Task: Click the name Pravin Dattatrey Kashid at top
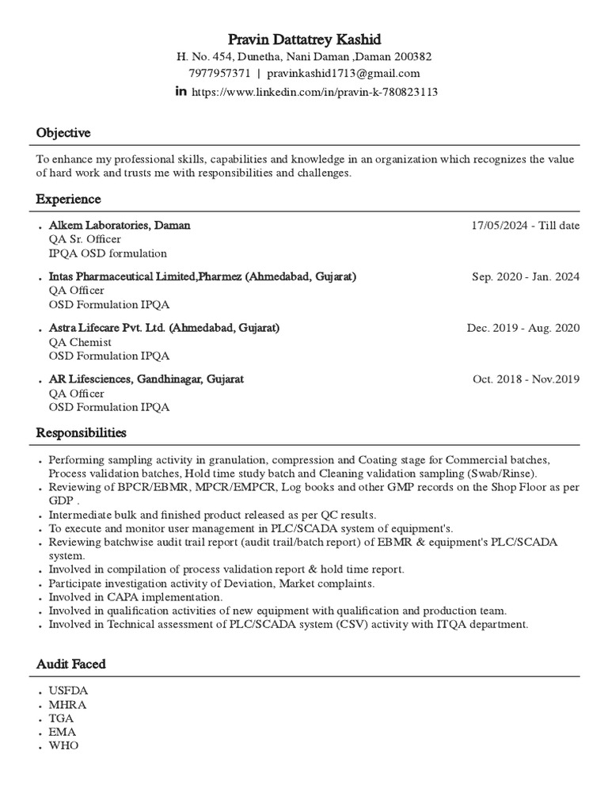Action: [x=303, y=39]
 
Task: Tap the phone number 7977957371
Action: [x=219, y=74]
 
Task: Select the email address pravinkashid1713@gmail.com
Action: [x=343, y=74]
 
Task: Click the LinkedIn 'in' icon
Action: [x=180, y=92]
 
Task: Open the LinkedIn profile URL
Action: [x=314, y=92]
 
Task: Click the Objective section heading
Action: [x=63, y=132]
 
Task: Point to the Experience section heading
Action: [x=68, y=199]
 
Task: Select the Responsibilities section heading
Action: [x=81, y=433]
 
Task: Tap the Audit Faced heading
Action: [x=70, y=664]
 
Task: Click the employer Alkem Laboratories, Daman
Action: [x=120, y=225]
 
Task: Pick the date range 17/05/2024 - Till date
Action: [x=525, y=226]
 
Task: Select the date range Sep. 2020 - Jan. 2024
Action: [x=525, y=276]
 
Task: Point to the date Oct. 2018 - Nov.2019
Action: [x=526, y=379]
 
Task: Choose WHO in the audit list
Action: [x=63, y=746]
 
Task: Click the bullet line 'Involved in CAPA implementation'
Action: [x=135, y=596]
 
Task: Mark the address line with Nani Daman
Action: [x=303, y=57]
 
